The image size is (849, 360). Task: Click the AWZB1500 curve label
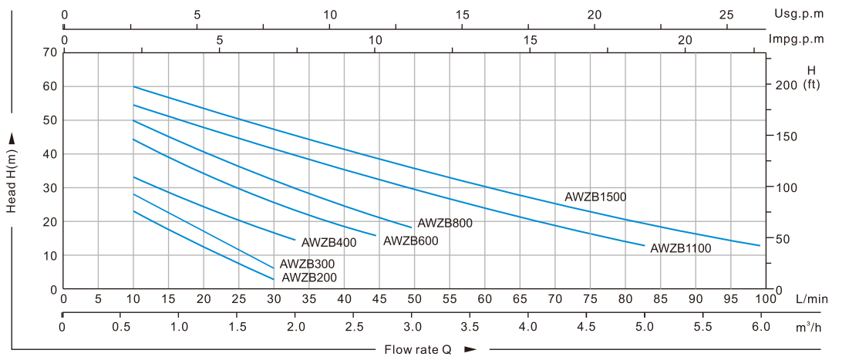tap(595, 197)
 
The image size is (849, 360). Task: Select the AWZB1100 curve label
tap(680, 248)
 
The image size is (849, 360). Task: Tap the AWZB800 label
tap(444, 224)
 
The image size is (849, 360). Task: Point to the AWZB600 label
tap(410, 241)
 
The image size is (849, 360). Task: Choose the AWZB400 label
tap(328, 243)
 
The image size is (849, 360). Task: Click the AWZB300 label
tap(307, 264)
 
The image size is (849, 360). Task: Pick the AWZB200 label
tap(308, 278)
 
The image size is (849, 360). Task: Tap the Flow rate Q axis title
tap(418, 349)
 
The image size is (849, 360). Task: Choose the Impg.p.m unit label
tap(797, 39)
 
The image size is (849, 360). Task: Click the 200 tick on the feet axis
tap(785, 85)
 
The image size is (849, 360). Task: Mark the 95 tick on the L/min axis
tap(730, 299)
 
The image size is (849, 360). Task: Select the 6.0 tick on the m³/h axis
tap(760, 327)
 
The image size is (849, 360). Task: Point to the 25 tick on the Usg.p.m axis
tap(726, 15)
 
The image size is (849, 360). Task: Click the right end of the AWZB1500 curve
tap(760, 245)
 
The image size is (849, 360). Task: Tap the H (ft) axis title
tap(810, 77)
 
